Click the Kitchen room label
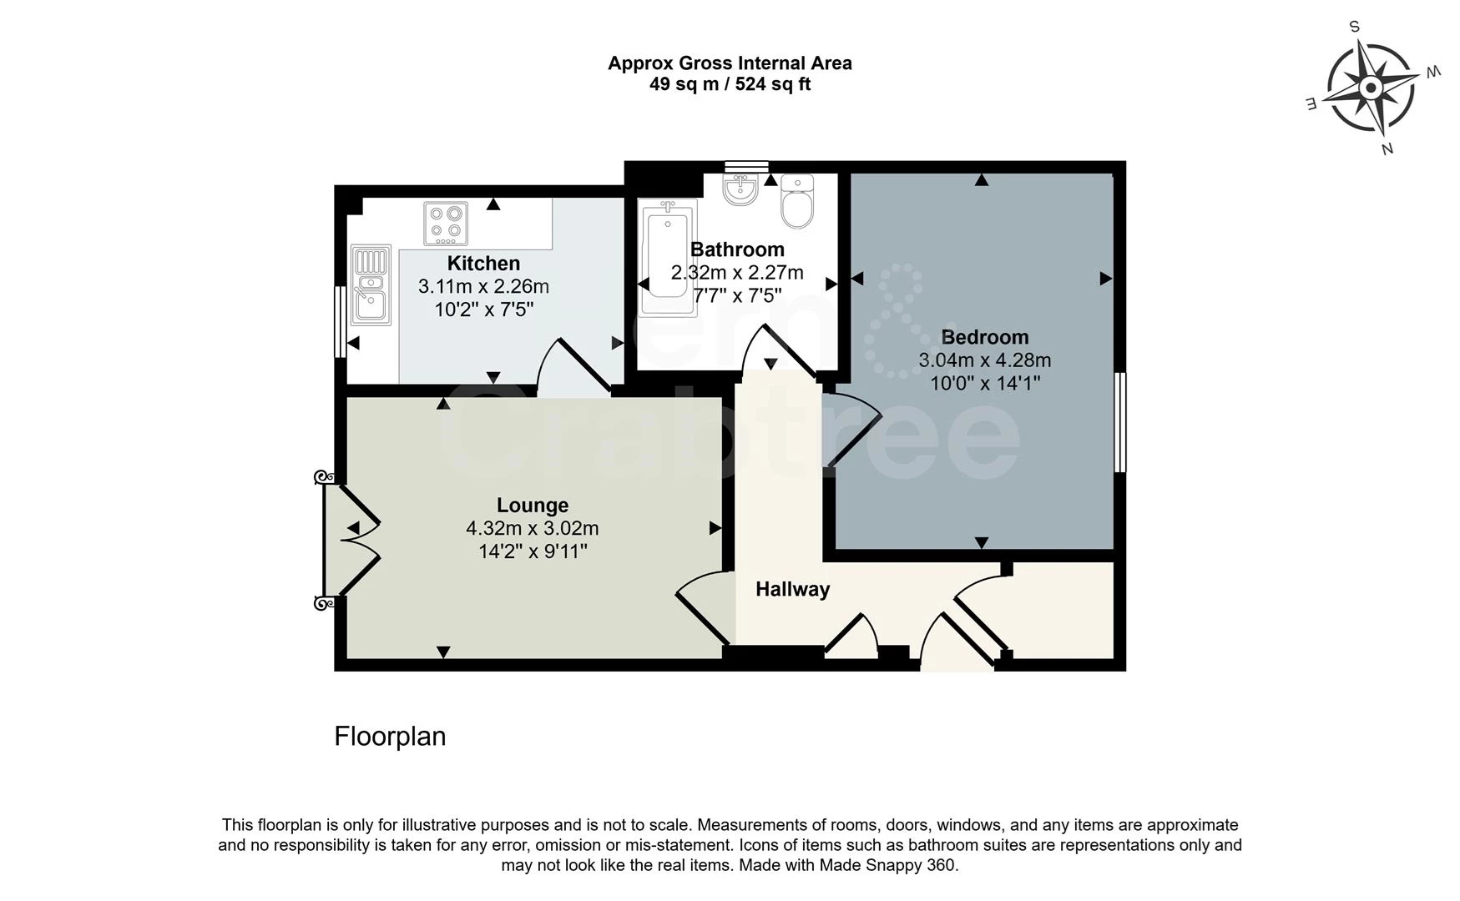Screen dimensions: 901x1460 coord(483,264)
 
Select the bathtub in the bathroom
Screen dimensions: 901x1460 coord(667,258)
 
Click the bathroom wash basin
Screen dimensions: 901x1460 coord(740,189)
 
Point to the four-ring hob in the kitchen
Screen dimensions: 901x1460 coord(446,223)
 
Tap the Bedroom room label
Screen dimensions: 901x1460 coord(984,337)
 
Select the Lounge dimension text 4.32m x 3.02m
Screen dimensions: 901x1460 coord(532,529)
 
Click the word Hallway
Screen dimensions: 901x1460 coord(792,590)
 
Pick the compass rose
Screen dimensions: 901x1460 coord(1370,88)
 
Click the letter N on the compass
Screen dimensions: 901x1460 coord(1387,149)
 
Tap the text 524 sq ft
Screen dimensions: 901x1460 coord(772,84)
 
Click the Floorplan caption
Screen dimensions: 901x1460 coord(390,737)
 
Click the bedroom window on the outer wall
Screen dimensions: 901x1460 coord(1120,422)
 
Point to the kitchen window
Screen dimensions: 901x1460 coord(340,322)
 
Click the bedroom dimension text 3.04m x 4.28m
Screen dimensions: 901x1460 coord(984,360)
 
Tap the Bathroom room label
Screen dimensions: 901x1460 coord(737,249)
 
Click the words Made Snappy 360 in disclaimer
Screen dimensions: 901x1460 coord(887,865)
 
